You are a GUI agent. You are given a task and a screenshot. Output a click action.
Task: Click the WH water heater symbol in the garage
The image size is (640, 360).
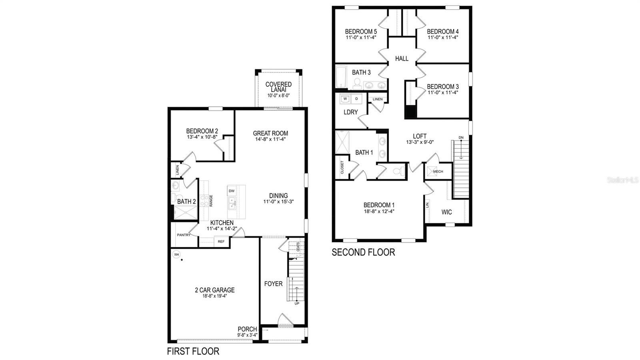176,254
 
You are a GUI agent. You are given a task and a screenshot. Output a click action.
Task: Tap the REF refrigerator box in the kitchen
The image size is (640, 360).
221,241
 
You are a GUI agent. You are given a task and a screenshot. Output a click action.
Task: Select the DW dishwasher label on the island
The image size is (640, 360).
232,191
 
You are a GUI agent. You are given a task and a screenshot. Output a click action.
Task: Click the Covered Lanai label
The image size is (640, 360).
278,87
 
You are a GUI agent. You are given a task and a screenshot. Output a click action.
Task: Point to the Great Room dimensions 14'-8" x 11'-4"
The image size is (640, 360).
270,140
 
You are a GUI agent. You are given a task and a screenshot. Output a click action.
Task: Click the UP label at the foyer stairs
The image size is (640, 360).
296,304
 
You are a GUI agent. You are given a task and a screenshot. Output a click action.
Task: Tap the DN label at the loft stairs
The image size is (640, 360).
461,138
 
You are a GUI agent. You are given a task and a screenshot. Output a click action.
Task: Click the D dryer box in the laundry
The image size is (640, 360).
356,98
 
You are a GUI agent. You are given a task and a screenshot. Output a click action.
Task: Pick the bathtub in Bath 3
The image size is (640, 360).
341,78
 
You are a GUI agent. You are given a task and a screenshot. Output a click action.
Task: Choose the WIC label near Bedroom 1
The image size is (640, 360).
447,212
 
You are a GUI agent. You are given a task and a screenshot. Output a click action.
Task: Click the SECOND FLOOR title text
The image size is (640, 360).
363,252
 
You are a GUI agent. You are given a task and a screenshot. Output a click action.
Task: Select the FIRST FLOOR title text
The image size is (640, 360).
193,351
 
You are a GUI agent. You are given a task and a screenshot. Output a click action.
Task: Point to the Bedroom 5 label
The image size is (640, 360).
361,31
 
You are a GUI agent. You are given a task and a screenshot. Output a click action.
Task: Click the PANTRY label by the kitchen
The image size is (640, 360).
184,235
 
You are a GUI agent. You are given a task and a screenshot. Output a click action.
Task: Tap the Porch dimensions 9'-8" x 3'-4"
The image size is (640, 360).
247,335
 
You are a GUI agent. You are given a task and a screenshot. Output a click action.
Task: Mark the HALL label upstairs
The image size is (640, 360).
402,59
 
